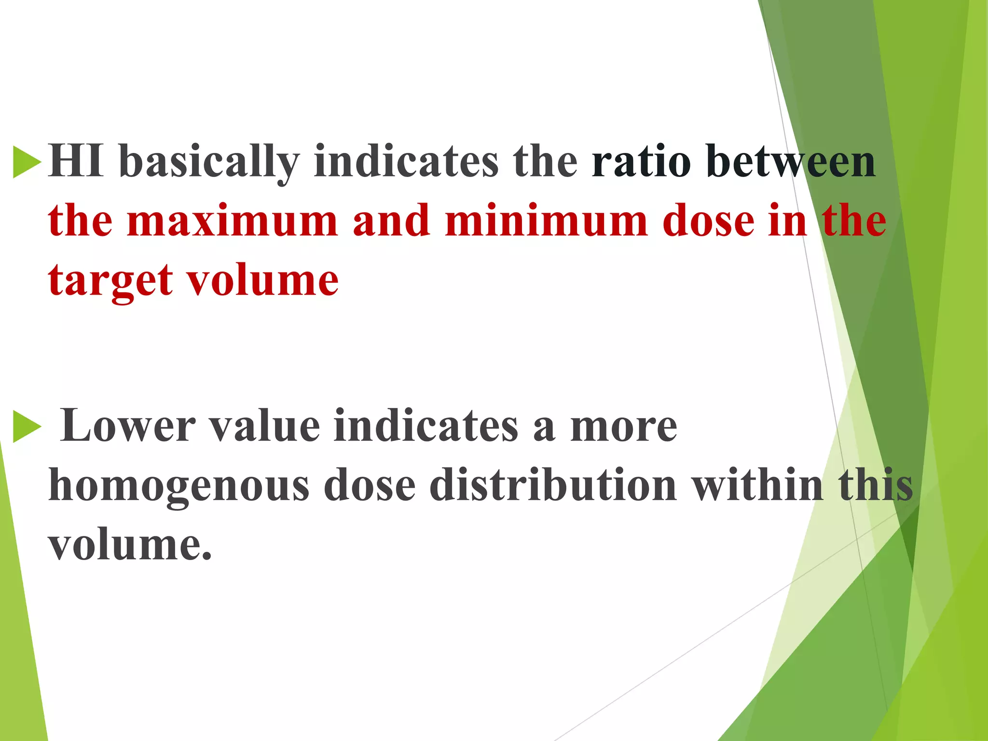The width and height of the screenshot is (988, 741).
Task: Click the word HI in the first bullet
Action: point(76,162)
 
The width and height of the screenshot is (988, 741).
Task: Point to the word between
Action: point(791,162)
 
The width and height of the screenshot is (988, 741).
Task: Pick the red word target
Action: point(110,281)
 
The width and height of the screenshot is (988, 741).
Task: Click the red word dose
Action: point(708,221)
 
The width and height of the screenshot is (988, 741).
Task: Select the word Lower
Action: point(128,426)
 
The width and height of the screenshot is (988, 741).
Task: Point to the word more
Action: point(623,426)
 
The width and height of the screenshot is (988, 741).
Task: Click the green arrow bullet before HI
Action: point(27,162)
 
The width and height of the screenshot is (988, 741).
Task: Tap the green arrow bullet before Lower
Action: point(27,426)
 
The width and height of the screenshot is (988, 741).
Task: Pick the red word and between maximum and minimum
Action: point(391,221)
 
